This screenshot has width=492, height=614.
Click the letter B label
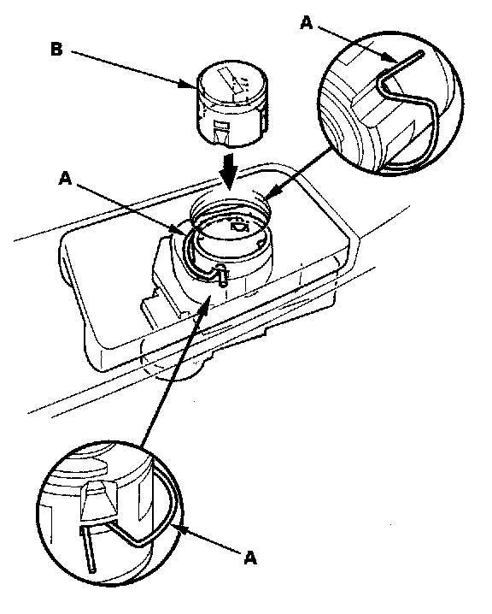tap(56, 50)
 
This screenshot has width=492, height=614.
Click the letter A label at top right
tap(307, 23)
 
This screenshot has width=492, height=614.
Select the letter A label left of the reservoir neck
tap(65, 179)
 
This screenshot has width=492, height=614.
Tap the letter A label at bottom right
tap(250, 558)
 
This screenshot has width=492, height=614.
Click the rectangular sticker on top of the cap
tap(234, 81)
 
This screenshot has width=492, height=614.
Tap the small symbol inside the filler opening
tap(239, 227)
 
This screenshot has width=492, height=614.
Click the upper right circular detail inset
tap(390, 103)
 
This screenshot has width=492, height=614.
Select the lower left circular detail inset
tap(110, 513)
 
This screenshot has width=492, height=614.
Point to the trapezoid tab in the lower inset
tap(99, 500)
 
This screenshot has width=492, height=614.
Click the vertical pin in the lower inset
tap(88, 549)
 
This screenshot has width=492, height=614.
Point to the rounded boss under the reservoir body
tap(180, 370)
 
